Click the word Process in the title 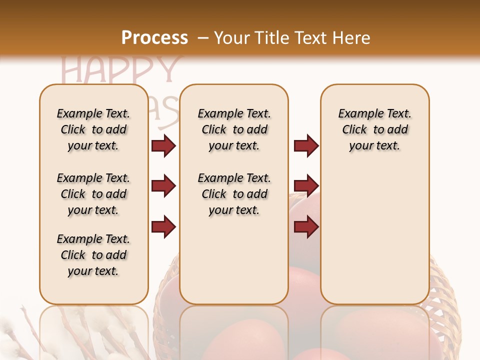click(154, 38)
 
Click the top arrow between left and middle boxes click(163, 145)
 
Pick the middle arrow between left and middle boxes click(163, 186)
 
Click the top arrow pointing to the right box click(306, 145)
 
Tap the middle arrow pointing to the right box click(306, 186)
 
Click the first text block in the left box click(93, 129)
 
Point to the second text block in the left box click(93, 194)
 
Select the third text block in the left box click(93, 255)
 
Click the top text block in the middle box click(234, 129)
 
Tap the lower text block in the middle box click(234, 194)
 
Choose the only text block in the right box click(374, 129)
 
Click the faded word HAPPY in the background click(120, 70)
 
